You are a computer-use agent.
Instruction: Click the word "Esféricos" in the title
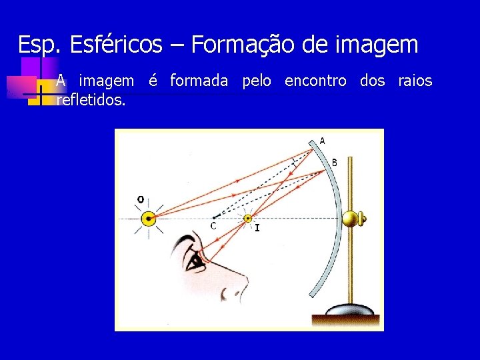point(115,45)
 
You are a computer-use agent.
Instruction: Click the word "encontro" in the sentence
point(315,81)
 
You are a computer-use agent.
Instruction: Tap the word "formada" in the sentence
point(199,81)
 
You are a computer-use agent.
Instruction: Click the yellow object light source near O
point(148,218)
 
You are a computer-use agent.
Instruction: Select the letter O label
point(140,199)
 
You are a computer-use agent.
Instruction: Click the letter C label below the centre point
point(213,226)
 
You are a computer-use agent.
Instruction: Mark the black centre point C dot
point(213,217)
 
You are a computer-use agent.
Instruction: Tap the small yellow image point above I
point(249,218)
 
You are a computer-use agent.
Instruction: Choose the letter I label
point(257,228)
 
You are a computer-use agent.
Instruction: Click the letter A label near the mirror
point(323,141)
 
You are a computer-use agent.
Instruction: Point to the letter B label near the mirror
point(334,162)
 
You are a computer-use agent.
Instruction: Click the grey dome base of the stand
point(350,309)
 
